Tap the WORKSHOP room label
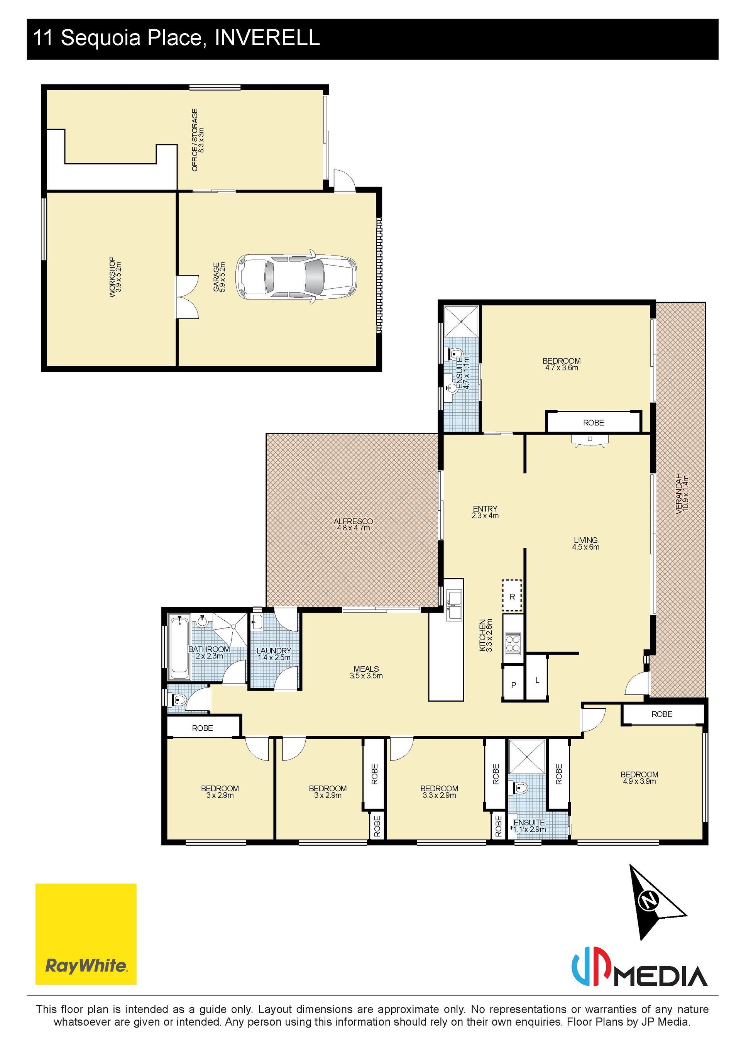(x=112, y=277)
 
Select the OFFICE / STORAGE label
(x=195, y=140)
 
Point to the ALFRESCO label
(x=353, y=521)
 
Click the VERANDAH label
(x=678, y=493)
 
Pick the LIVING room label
(x=585, y=540)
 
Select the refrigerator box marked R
(x=512, y=596)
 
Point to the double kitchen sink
(x=455, y=605)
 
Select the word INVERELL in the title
(x=267, y=37)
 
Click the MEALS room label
(x=366, y=669)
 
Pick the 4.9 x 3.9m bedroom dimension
(x=639, y=781)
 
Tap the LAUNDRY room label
(x=274, y=650)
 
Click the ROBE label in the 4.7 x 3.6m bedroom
(x=593, y=423)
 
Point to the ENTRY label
(x=485, y=508)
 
